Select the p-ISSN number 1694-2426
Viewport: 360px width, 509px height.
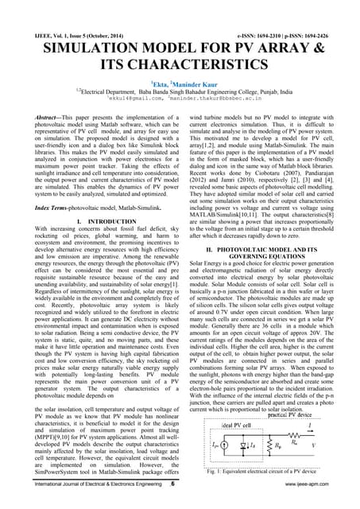coord(325,14)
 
